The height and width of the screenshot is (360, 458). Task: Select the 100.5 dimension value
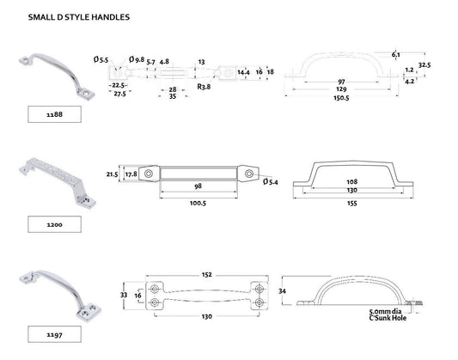[x=197, y=203]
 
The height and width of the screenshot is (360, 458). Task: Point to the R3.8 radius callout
[x=205, y=86]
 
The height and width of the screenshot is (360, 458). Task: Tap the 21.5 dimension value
[x=110, y=174]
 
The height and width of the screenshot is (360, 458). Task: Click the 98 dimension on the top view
[x=198, y=186]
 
